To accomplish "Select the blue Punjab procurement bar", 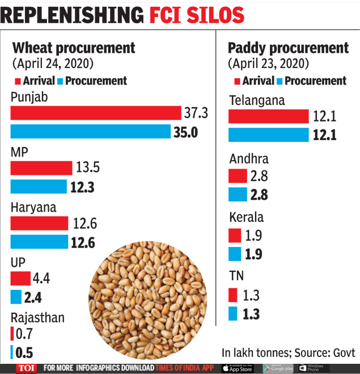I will pyautogui.click(x=90, y=132).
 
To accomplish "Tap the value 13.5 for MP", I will pyautogui.click(x=87, y=168).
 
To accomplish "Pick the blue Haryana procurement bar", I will pyautogui.click(x=39, y=243).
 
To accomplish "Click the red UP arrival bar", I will pyautogui.click(x=20, y=279).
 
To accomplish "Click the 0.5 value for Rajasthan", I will pyautogui.click(x=24, y=352).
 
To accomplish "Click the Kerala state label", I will pyautogui.click(x=247, y=217).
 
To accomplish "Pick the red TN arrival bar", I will pyautogui.click(x=232, y=295).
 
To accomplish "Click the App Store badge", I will pyautogui.click(x=237, y=368).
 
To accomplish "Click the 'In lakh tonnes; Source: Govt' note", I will pyautogui.click(x=288, y=352).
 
